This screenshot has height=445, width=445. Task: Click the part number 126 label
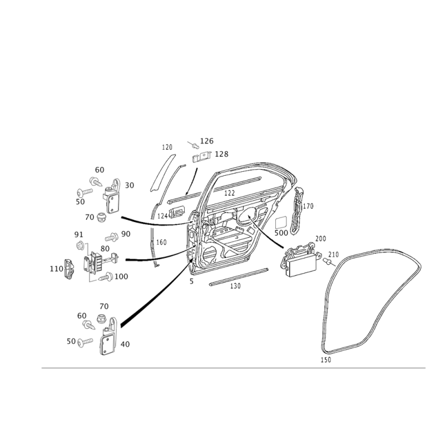[x=206, y=141]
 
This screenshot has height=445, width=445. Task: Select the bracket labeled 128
[x=202, y=157]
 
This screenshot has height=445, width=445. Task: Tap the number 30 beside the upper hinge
[x=130, y=185]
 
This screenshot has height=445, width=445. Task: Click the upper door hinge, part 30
[x=111, y=196]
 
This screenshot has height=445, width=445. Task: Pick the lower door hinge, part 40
[x=108, y=337]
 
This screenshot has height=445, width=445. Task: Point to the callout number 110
[x=56, y=269]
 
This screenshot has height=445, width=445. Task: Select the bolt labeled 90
[x=112, y=237]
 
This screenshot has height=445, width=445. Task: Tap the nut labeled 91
[x=80, y=245]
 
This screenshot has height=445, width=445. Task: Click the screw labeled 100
[x=106, y=276]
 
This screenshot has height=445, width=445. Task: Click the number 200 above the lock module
[x=320, y=239]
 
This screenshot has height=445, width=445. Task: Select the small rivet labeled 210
[x=327, y=261]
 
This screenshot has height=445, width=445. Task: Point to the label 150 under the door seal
[x=326, y=359]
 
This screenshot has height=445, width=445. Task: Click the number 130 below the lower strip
[x=235, y=286]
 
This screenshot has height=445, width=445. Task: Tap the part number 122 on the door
[x=229, y=193]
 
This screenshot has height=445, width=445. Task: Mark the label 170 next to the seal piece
[x=308, y=206]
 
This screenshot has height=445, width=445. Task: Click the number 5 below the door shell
[x=191, y=281]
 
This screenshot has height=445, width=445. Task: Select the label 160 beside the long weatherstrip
[x=161, y=243]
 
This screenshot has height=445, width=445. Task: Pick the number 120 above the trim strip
[x=167, y=147]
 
